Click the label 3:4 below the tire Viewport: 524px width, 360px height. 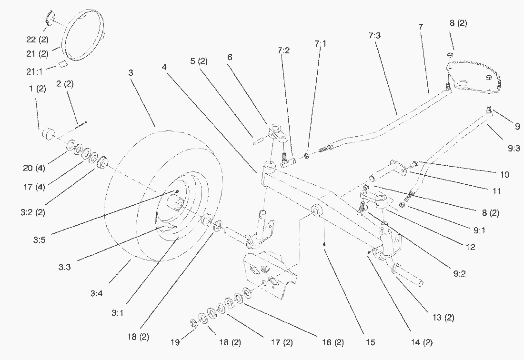96,294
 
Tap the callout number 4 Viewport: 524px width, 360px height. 164,68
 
